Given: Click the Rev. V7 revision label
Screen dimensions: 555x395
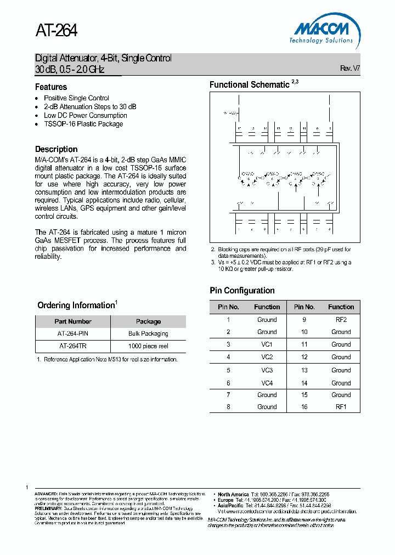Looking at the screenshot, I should pos(350,69).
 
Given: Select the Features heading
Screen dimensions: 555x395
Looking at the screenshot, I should pos(51,87).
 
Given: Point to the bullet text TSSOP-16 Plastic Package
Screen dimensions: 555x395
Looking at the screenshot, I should pos(83,124).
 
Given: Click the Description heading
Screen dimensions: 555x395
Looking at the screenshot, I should pos(56,149).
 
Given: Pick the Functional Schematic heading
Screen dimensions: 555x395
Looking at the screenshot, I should pos(249,84).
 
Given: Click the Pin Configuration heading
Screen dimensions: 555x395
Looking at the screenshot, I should pos(242,291).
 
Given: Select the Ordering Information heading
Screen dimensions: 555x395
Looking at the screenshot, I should pos(75,305).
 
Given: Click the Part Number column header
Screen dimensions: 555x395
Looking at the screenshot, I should pos(73,321).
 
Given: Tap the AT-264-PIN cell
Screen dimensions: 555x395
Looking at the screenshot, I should pos(73,333).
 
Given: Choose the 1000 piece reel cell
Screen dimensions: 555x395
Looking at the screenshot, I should pos(148,346).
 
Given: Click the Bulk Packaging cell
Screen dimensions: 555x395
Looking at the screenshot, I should pos(148,333).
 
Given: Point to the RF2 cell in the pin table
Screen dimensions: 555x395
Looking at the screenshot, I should pos(341,319).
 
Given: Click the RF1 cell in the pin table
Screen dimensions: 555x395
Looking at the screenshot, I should pos(341,407).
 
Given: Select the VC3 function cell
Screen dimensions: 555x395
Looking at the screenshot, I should pos(267,370).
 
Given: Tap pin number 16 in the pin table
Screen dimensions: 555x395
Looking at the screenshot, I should pos(304,407).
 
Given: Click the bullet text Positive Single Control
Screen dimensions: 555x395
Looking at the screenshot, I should pos(76,98).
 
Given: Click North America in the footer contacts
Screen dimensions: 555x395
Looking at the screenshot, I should pos(233,494).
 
